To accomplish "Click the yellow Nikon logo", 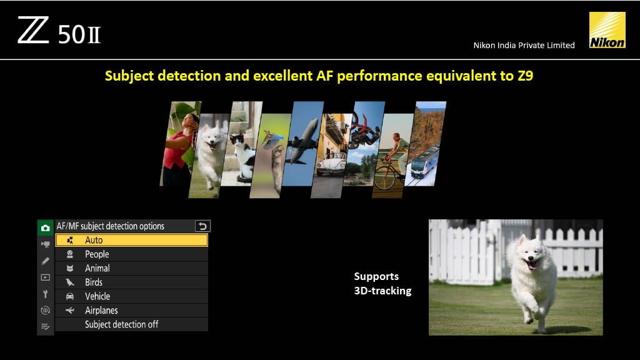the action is coord(607,30).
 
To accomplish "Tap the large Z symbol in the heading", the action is coord(33,30).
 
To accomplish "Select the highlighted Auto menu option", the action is coord(131,240).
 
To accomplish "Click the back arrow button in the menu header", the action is coord(202,226).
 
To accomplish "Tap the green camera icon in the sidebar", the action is coord(45,227).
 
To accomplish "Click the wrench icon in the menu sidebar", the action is coord(45,294).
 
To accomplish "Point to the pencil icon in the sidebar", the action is coord(45,261).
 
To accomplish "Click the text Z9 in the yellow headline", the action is coord(525,76).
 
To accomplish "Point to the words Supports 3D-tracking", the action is coord(382,284).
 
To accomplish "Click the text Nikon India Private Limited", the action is coord(524,45).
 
